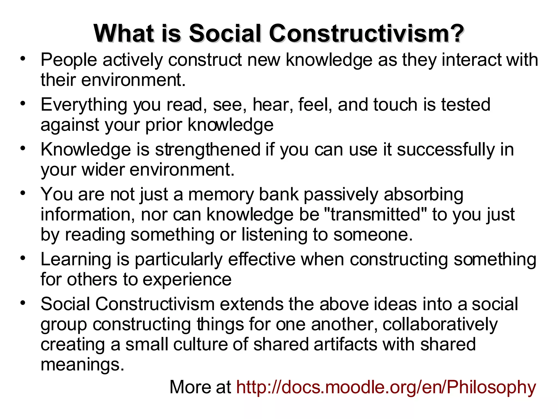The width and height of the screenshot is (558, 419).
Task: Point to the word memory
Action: pos(221,194)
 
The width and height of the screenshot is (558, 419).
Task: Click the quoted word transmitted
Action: pos(376,214)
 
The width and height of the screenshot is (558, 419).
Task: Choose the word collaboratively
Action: pos(440,325)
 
